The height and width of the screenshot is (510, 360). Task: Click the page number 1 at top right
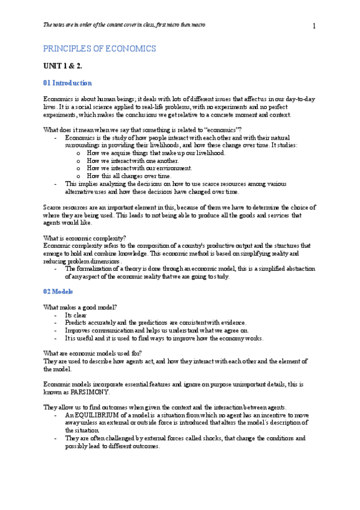(314, 25)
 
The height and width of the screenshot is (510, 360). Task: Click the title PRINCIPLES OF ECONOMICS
(99, 49)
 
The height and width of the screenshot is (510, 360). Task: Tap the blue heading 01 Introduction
(67, 82)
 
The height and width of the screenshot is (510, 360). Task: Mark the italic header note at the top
(124, 25)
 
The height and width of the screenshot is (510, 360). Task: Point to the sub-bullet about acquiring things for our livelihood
(155, 153)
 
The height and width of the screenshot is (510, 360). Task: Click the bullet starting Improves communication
(156, 330)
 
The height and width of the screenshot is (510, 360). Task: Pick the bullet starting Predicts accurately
(155, 322)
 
